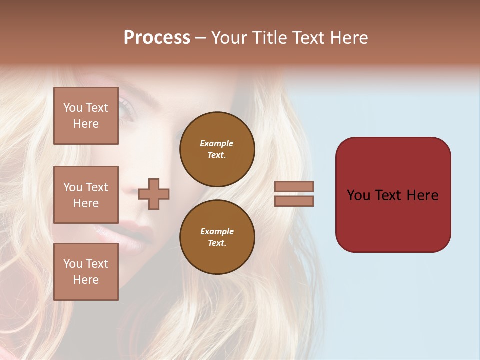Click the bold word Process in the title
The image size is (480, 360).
pos(157,38)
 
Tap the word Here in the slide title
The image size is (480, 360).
pos(346,38)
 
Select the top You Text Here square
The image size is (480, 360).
pos(86,116)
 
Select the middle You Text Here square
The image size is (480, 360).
pos(86,195)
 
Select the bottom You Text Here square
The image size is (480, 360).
pos(86,271)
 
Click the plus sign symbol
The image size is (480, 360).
pos(154,194)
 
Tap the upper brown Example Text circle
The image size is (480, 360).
pos(217,149)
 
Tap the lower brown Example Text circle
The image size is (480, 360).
pos(217,237)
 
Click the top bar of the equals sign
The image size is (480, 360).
pos(294,187)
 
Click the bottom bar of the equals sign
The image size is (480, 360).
pos(294,201)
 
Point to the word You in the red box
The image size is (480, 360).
pos(359,195)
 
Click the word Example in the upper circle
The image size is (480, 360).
pos(217,143)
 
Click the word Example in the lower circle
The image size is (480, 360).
pos(217,231)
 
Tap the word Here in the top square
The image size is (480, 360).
pos(86,124)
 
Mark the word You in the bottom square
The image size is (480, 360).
pos(73,264)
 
